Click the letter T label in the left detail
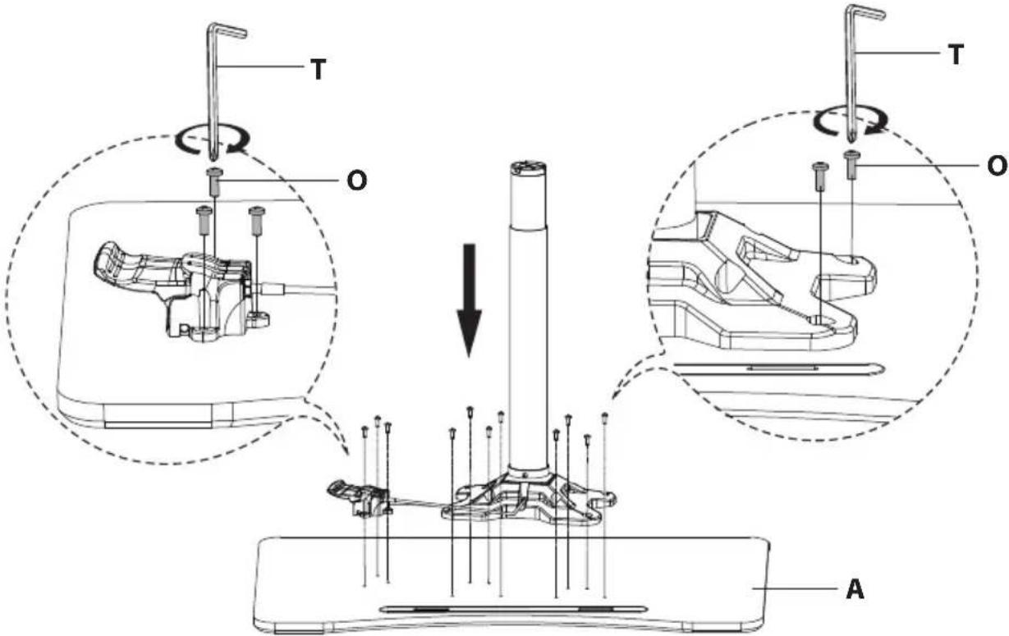tap(319, 70)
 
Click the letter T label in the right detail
tap(956, 55)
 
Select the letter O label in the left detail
tap(357, 181)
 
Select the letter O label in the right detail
tap(997, 166)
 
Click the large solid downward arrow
tap(470, 300)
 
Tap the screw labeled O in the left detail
tap(214, 182)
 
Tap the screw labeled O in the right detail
tap(851, 165)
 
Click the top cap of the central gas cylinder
tap(529, 169)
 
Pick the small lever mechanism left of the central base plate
tap(360, 500)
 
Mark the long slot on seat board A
tap(513, 609)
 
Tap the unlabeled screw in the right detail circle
tap(820, 176)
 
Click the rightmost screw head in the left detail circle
tap(257, 220)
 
